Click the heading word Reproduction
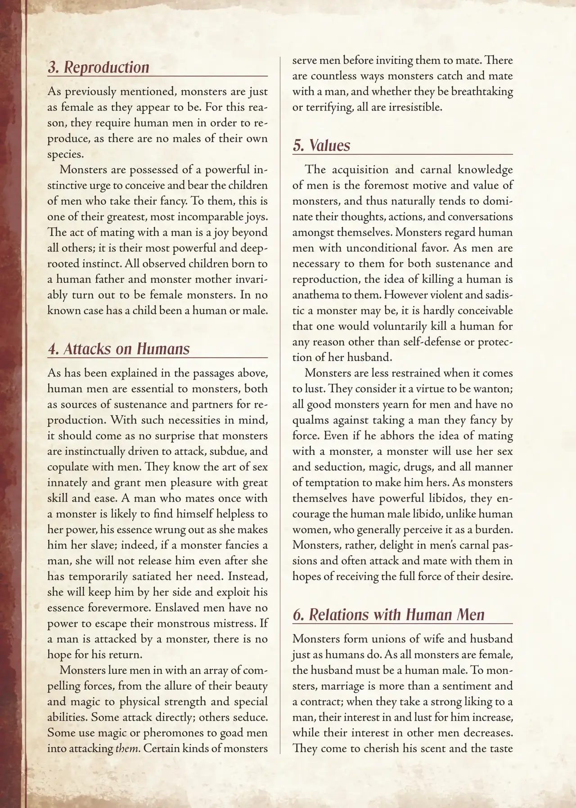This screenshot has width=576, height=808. click(x=106, y=67)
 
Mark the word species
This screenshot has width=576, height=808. click(x=65, y=154)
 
